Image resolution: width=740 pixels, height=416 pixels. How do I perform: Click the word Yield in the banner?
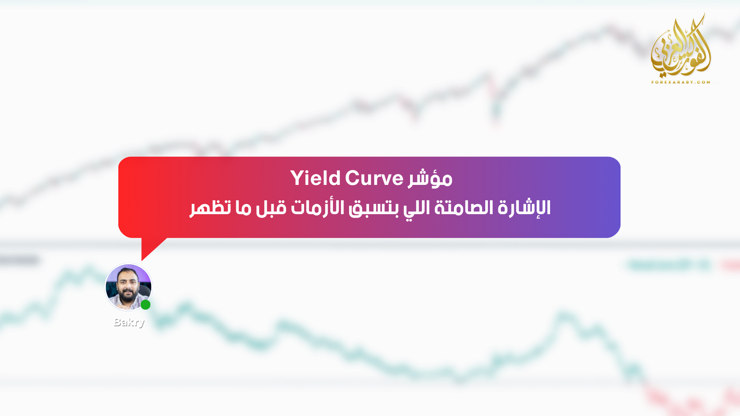point(315,178)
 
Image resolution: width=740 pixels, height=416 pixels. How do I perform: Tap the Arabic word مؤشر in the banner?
point(430,178)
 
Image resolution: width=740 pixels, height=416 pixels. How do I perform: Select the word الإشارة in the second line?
point(524,208)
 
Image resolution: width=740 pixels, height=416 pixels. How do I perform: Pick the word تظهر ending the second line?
point(210,208)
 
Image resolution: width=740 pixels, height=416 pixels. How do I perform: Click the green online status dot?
point(145,305)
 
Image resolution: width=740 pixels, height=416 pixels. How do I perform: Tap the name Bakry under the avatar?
point(129,322)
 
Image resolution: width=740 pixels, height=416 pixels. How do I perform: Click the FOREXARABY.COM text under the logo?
point(681,82)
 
